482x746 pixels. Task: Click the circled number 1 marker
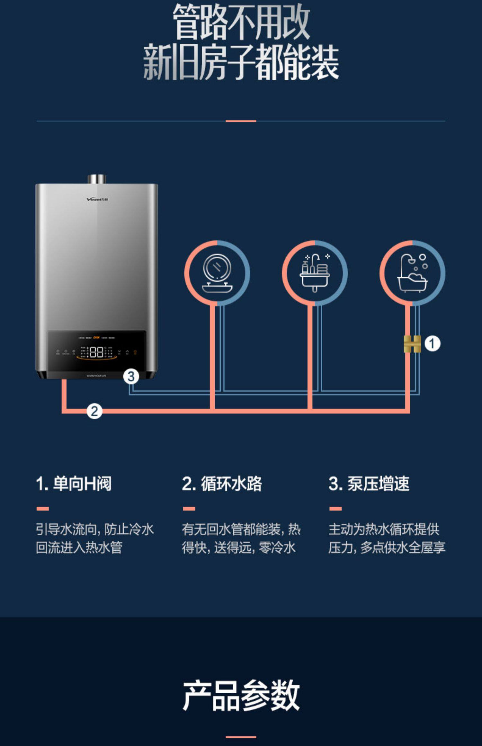(x=432, y=344)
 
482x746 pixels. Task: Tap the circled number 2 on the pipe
(x=94, y=411)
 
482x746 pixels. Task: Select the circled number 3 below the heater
(x=131, y=376)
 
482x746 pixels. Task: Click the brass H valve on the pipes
(x=412, y=344)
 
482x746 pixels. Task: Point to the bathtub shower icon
(x=413, y=273)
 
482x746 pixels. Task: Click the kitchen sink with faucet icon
(x=315, y=273)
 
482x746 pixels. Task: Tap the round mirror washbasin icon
(x=217, y=273)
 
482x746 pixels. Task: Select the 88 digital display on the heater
(x=96, y=352)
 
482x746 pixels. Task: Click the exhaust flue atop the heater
(x=97, y=179)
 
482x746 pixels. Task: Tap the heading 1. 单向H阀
(x=74, y=484)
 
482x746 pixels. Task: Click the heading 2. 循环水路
(x=222, y=484)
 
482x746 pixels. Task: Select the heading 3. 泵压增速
(x=369, y=484)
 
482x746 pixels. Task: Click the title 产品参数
(x=241, y=696)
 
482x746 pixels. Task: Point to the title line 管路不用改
(x=241, y=22)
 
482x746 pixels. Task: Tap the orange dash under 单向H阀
(x=42, y=509)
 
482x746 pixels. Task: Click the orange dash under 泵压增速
(x=335, y=509)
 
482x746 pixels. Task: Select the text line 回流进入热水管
(x=79, y=547)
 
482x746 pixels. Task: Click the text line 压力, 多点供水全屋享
(x=387, y=547)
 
